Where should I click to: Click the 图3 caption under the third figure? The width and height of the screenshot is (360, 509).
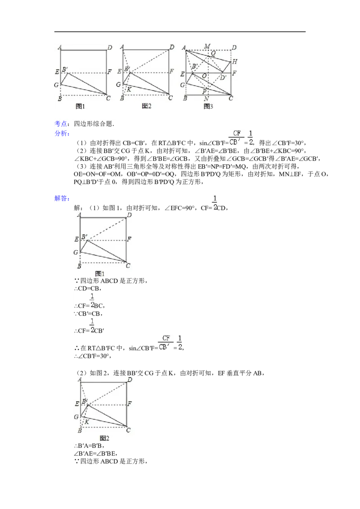(208, 107)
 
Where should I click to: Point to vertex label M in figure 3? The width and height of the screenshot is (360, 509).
(207, 46)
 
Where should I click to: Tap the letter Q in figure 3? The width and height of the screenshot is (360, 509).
(213, 53)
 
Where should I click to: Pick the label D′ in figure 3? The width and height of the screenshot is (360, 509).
(223, 77)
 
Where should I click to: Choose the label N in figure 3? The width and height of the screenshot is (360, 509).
(206, 99)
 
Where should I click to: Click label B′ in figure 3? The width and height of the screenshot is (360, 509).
(194, 67)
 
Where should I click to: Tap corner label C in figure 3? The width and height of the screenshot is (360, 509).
(231, 98)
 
